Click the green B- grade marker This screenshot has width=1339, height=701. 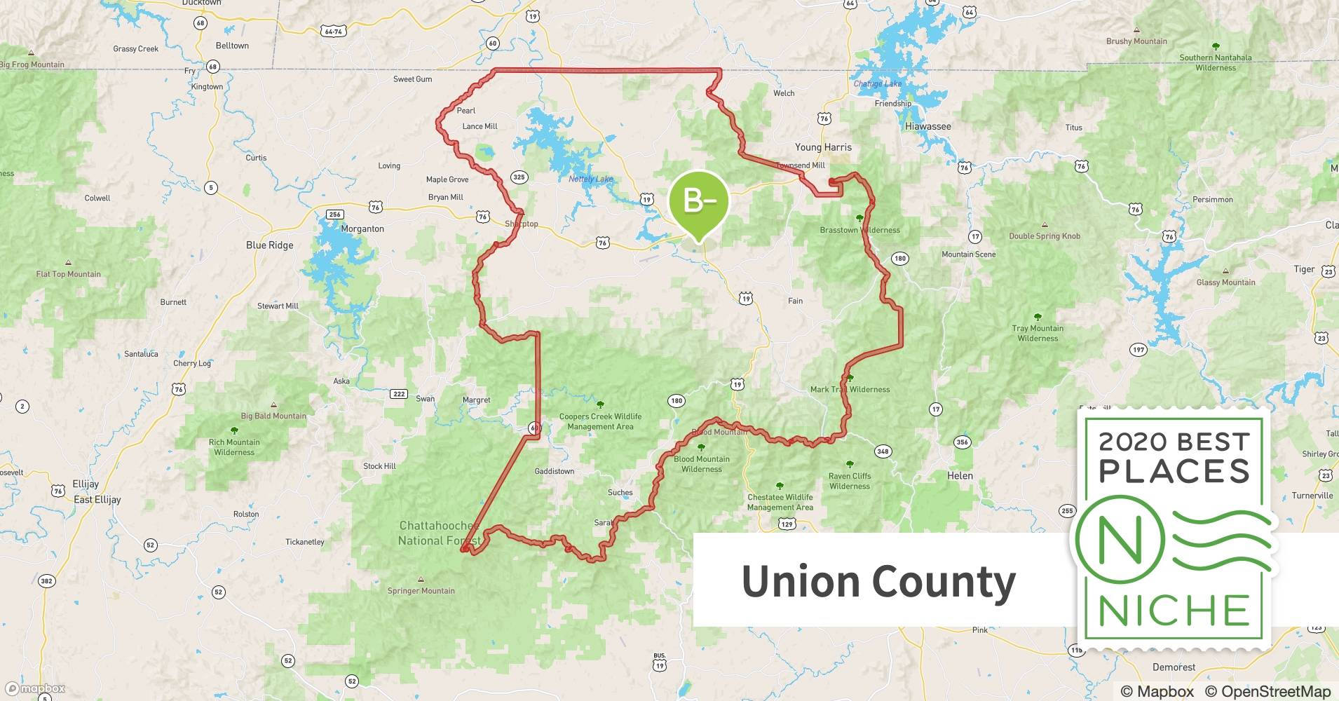tap(699, 202)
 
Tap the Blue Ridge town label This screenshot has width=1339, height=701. tap(270, 245)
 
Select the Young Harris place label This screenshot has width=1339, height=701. tap(823, 147)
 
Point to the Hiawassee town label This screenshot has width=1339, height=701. tap(927, 127)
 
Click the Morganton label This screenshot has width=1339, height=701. tap(362, 229)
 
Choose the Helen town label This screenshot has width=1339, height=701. tap(960, 475)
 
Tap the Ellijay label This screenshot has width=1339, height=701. tap(86, 484)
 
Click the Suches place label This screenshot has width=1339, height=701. tap(620, 493)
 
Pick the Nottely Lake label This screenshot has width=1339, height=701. tap(590, 179)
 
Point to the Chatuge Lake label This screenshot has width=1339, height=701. tap(877, 84)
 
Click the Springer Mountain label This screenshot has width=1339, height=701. tap(421, 591)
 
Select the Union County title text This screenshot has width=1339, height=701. tap(878, 582)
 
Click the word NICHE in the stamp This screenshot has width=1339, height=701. tap(1174, 611)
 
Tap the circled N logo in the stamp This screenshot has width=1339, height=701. tap(1120, 540)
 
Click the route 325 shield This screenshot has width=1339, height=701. tap(519, 177)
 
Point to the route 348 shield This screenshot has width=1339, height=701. tap(883, 451)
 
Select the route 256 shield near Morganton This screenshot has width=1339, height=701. tap(334, 215)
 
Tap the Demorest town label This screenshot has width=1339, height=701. tap(1174, 667)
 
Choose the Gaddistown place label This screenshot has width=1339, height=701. tap(555, 472)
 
